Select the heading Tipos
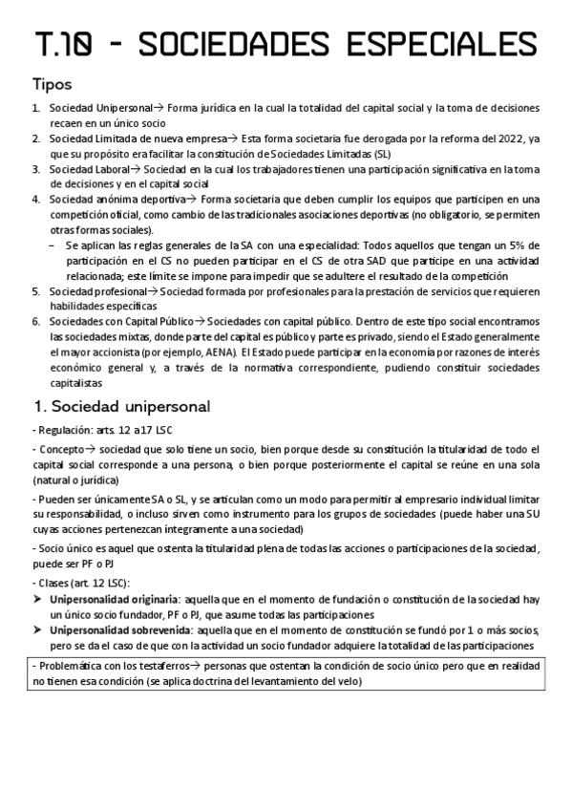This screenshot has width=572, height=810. coord(52,84)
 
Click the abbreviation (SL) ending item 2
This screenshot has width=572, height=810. coord(381,153)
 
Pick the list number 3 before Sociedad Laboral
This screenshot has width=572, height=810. coord(35,169)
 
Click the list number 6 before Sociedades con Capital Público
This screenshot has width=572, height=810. coord(35,322)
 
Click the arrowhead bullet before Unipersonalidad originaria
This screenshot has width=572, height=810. coord(37,600)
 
